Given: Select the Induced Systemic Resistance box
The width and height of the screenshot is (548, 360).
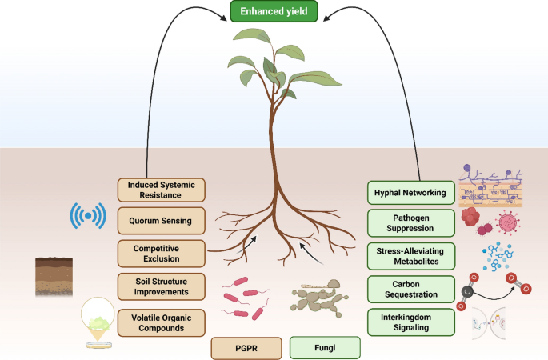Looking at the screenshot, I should tap(161, 190).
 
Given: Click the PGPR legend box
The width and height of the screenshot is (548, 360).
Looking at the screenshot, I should tap(246, 348).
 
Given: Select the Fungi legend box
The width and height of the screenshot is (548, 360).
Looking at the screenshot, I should tap(325, 348).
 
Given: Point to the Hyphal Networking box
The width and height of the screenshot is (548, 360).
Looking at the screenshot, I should tap(411, 193).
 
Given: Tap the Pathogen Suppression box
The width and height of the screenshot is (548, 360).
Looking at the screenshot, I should tap(411, 223).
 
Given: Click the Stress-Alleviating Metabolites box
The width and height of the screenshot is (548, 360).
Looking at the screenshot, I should tap(411, 256).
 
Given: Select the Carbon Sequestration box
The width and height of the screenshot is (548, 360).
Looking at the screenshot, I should tap(411, 289).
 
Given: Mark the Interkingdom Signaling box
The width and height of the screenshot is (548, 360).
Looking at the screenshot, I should tap(411, 322).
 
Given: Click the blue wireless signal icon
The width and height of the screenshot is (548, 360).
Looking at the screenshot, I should tap(87, 217).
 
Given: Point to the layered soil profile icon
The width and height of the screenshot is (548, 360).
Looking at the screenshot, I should tap(54, 277).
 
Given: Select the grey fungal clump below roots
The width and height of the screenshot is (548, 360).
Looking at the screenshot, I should tap(318, 299).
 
